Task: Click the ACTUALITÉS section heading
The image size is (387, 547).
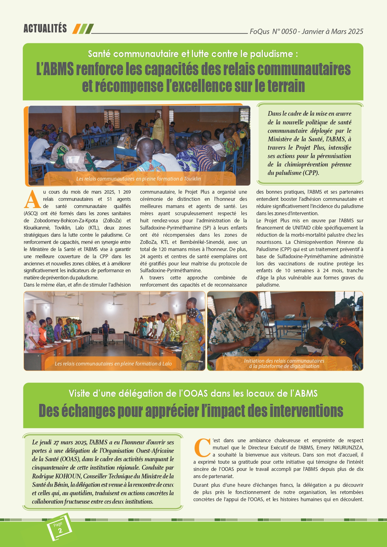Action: pyautogui.click(x=45, y=29)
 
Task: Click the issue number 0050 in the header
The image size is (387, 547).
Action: pyautogui.click(x=288, y=31)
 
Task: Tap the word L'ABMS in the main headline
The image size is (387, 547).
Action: pyautogui.click(x=55, y=69)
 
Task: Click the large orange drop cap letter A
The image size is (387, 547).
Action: pyautogui.click(x=32, y=200)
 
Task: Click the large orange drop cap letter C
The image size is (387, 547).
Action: pyautogui.click(x=202, y=448)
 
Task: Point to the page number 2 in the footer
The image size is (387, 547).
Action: pyautogui.click(x=60, y=530)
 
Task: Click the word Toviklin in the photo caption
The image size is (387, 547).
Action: pyautogui.click(x=192, y=179)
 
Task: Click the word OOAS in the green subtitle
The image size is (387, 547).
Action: pyautogui.click(x=196, y=394)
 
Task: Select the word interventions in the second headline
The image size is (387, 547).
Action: pyautogui.click(x=306, y=411)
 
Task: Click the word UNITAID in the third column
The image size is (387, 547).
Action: pyautogui.click(x=304, y=228)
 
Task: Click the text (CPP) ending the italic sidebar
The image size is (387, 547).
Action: pyautogui.click(x=311, y=173)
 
